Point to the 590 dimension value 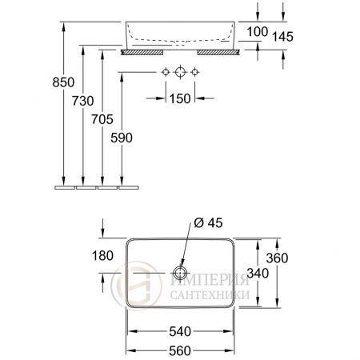[121, 138]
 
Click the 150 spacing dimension [180, 98]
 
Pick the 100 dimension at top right [257, 31]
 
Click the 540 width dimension [180, 330]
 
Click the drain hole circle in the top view [180, 273]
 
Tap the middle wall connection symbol [180, 73]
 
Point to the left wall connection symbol [166, 73]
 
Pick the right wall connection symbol [194, 73]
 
